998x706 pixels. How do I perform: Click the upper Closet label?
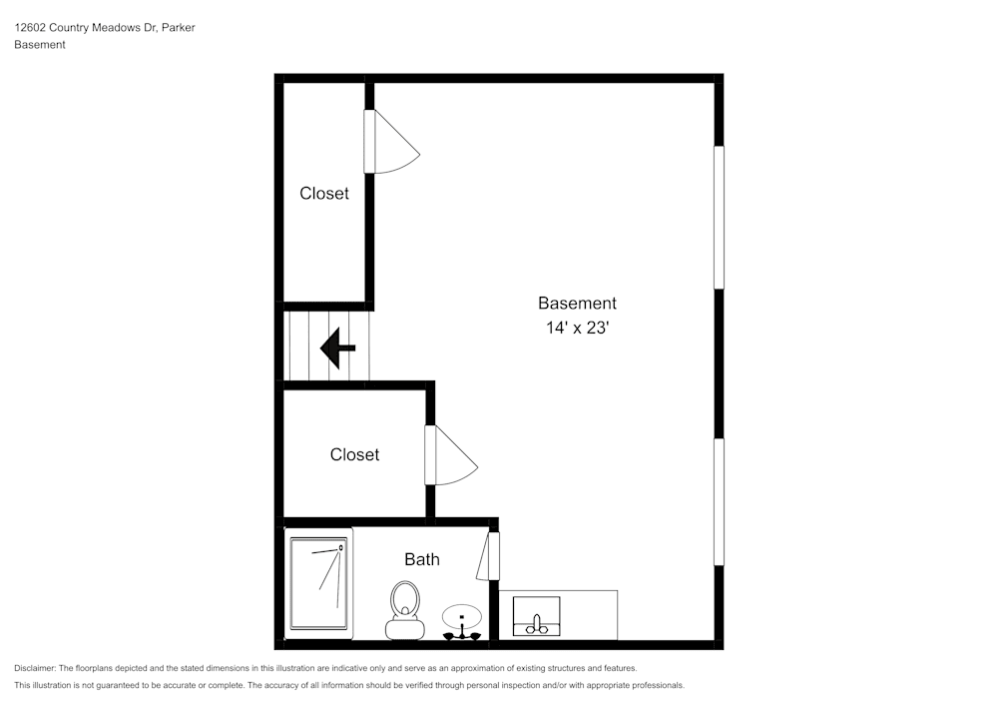coord(324,194)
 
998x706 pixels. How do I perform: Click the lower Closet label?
coord(354,454)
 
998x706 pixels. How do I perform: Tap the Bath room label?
coord(421,559)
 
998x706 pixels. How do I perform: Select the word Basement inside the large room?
coord(577,303)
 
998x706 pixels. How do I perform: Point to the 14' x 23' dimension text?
coord(577,327)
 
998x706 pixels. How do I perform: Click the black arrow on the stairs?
coord(337,349)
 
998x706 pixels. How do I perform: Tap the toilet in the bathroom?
coord(404,609)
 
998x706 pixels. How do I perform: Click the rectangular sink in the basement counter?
coord(536,615)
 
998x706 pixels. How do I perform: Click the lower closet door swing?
coord(451,455)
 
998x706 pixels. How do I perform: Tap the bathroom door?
coord(489,556)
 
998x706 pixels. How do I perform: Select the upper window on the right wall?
coord(719,218)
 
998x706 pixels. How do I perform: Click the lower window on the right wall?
coord(719,502)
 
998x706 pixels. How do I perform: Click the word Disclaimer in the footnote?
coord(35,668)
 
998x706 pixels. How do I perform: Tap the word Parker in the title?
coord(178,28)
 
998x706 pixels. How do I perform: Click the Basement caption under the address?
coord(40,45)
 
